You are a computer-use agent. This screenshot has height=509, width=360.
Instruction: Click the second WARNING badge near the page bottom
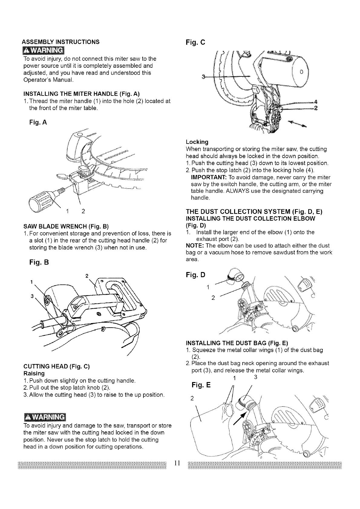coord(43,417)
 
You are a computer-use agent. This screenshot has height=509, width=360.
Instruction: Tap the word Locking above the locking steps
coord(197,142)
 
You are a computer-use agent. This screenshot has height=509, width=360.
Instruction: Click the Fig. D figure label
coord(195,275)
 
